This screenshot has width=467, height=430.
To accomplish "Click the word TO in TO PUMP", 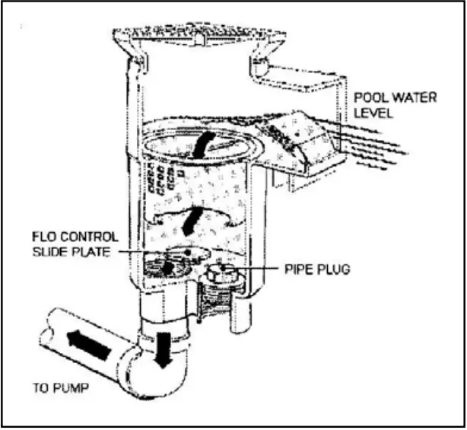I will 38,389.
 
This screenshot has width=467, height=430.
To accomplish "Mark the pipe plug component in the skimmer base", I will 221,276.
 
